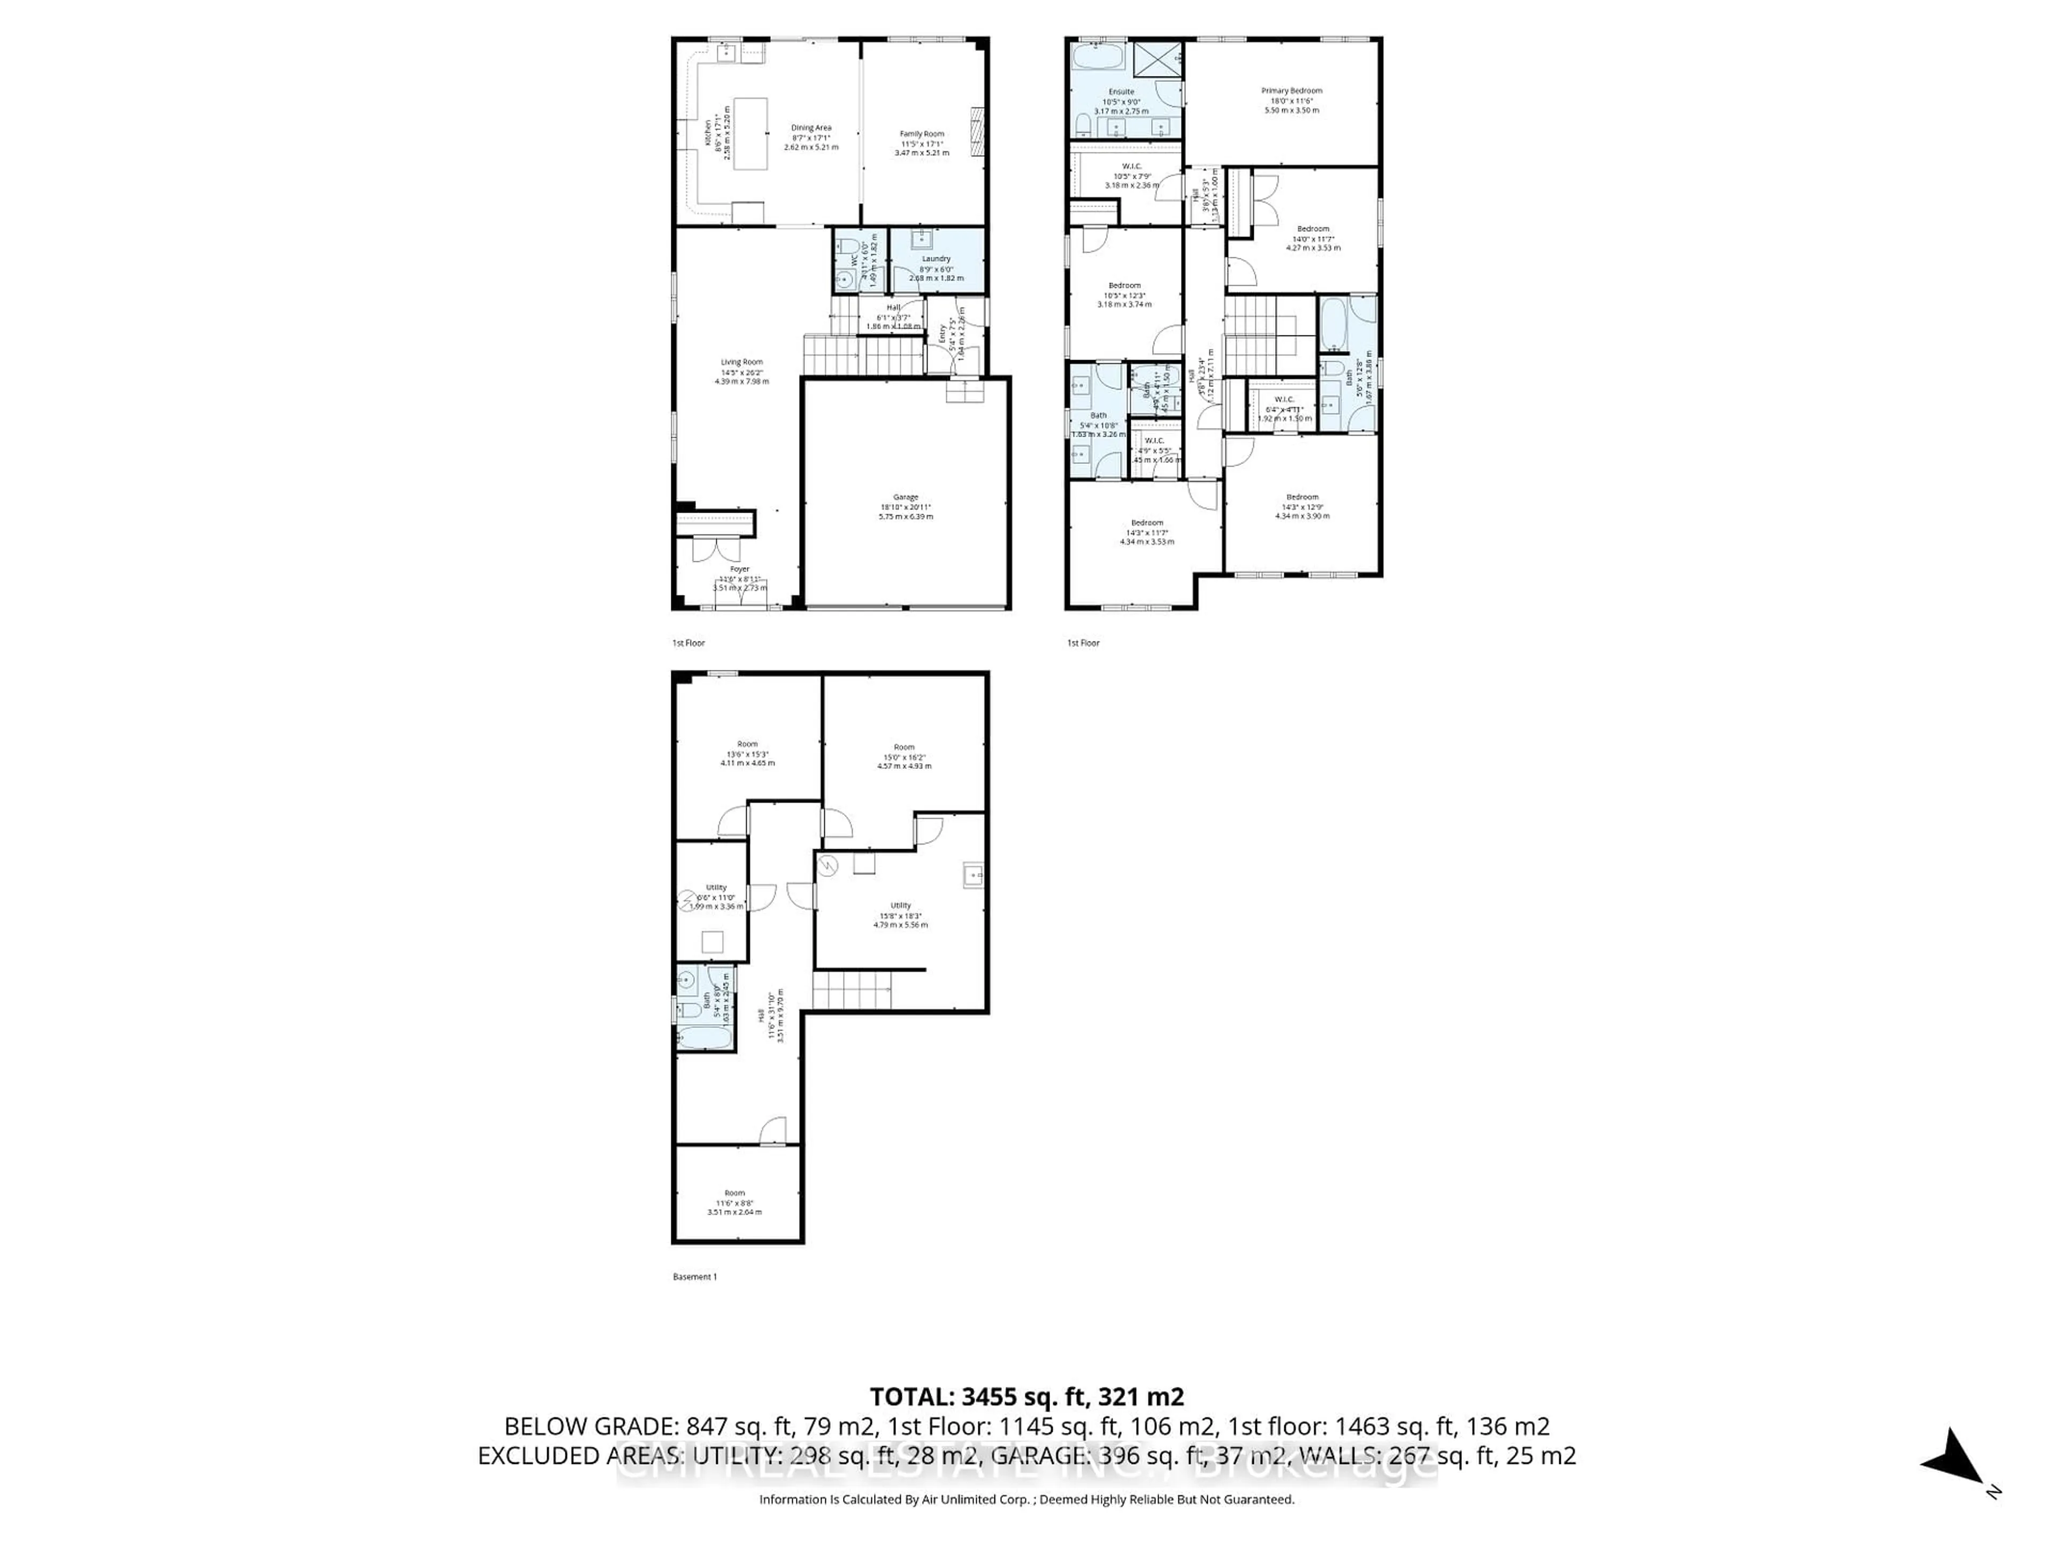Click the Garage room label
pos(906,497)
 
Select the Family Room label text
pos(921,134)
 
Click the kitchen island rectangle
pos(750,133)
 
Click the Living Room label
pos(742,362)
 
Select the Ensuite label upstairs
pos(1121,92)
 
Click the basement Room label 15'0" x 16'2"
pos(903,747)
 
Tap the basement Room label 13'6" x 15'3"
pos(747,744)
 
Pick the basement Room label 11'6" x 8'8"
pos(734,1193)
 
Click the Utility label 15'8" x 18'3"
pos(900,906)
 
